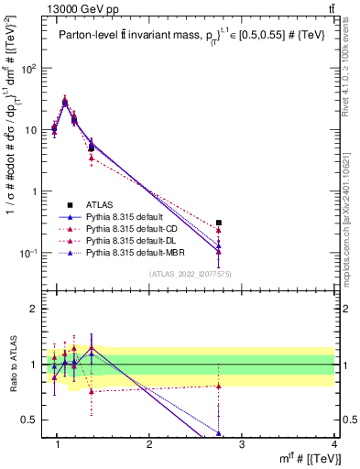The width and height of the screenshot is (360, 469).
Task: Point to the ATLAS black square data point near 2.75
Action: point(218,223)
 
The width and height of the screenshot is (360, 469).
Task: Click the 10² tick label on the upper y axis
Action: point(28,69)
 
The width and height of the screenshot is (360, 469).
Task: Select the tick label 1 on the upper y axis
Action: point(35,191)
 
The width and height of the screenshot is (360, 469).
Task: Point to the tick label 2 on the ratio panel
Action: point(35,309)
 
